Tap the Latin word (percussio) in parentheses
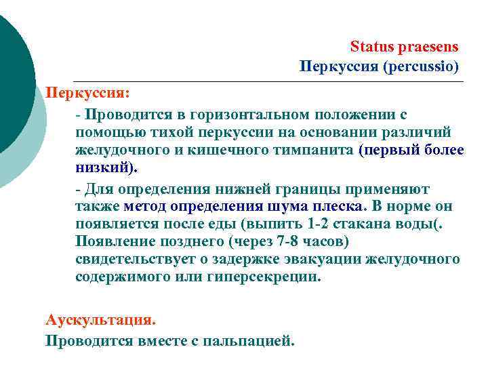[x=421, y=67]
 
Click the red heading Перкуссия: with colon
[x=87, y=91]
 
